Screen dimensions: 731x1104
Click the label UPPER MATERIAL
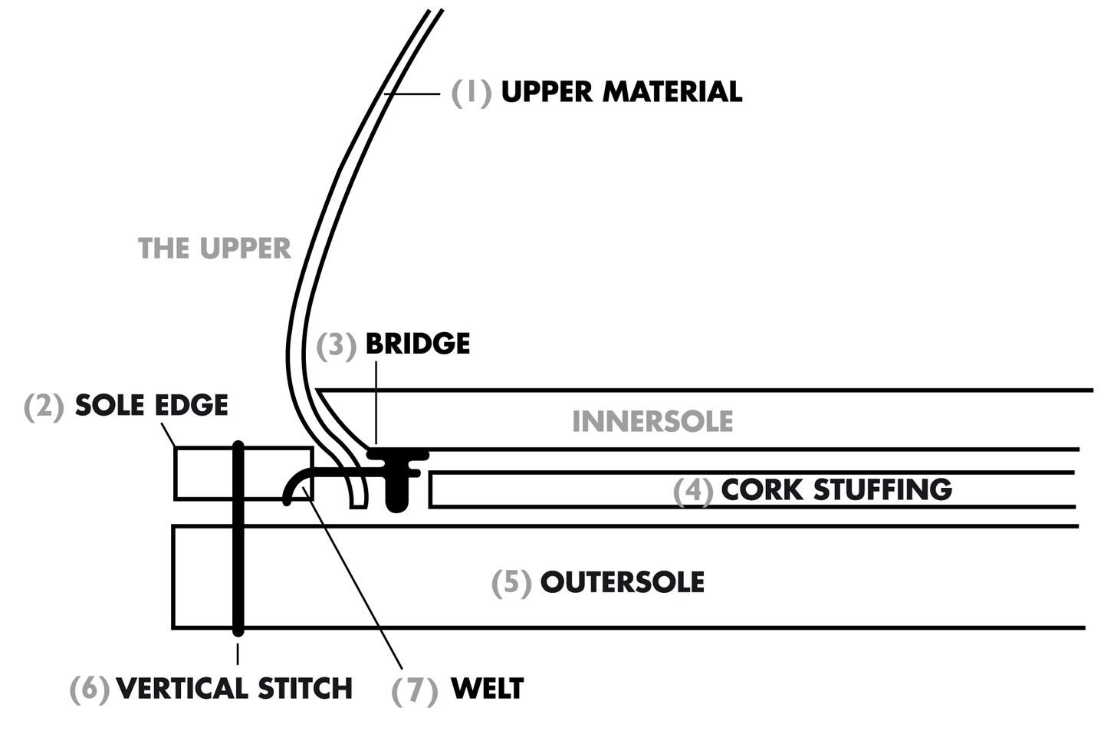click(621, 92)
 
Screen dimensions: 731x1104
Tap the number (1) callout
click(471, 92)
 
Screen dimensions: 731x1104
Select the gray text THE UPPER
click(215, 249)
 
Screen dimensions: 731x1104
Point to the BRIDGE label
click(418, 344)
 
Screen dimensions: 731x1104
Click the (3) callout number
click(337, 345)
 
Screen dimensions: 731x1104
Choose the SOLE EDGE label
click(152, 405)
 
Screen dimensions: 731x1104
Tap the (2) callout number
click(44, 406)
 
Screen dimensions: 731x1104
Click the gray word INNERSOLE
click(652, 421)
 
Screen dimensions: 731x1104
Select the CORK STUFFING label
click(836, 489)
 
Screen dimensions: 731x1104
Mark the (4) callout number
click(693, 491)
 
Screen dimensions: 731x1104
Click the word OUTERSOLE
click(623, 582)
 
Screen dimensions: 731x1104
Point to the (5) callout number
click(511, 583)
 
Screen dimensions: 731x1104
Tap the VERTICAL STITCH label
click(234, 688)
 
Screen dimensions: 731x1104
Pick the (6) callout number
click(90, 689)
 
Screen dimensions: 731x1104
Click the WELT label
click(487, 688)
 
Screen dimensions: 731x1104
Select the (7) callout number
click(414, 690)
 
